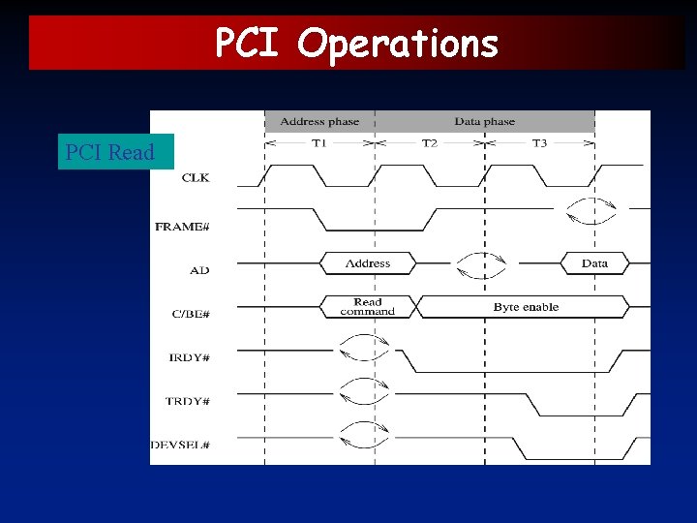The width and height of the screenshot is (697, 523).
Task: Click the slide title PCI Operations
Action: click(356, 44)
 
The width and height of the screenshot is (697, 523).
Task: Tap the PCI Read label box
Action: click(110, 152)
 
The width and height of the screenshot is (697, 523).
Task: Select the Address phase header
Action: click(319, 121)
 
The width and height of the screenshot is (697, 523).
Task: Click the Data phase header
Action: click(485, 121)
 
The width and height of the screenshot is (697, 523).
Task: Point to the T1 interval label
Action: click(319, 142)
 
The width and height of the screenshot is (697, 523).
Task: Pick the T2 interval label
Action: click(430, 142)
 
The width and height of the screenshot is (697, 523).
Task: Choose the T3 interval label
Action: click(539, 142)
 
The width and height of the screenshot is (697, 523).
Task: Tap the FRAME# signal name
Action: click(182, 227)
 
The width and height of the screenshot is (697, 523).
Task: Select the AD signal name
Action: click(198, 269)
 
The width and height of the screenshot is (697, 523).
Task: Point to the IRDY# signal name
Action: click(189, 357)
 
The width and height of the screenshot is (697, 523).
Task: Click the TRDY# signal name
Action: click(189, 401)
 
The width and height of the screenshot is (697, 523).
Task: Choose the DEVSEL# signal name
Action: click(180, 446)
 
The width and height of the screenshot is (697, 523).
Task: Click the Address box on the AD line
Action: click(368, 263)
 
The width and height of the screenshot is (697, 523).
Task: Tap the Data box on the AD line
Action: click(594, 263)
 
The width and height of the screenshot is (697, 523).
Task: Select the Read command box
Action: click(368, 307)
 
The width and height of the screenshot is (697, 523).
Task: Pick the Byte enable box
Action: click(526, 307)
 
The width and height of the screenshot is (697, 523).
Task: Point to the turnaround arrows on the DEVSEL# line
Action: click(366, 435)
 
